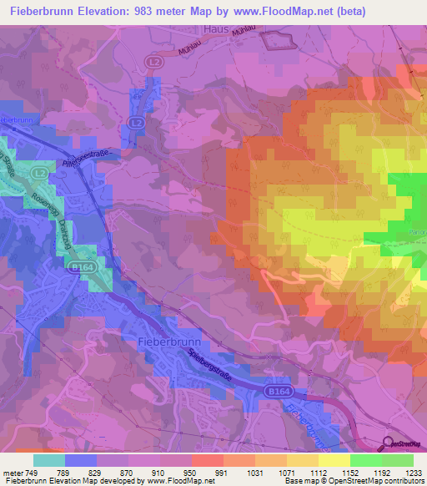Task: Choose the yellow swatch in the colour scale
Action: [x=334, y=460]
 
